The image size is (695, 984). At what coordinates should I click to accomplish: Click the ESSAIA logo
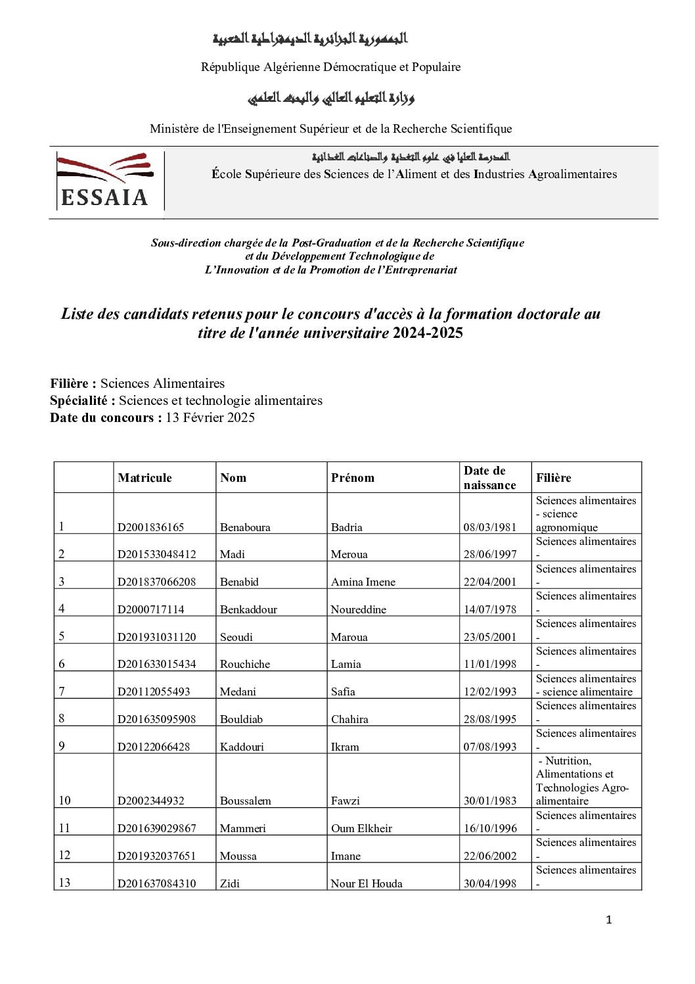[105, 181]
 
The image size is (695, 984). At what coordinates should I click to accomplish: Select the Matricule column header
[145, 478]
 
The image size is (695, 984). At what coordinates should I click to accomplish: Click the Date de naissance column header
[489, 478]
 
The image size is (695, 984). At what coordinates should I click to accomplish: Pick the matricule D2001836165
[150, 527]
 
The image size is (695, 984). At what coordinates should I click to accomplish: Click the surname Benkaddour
[248, 609]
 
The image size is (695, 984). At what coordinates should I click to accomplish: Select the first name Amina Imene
[363, 582]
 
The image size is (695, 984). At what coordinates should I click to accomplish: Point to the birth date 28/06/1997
[490, 554]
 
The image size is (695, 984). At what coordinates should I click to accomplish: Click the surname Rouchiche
[245, 664]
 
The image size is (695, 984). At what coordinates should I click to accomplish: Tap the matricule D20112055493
[154, 691]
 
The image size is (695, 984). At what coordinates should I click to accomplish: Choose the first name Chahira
[349, 719]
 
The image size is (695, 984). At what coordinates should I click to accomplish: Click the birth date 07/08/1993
[490, 747]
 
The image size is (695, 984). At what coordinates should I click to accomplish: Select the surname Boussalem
[246, 801]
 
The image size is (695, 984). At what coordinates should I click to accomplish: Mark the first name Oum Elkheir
[361, 828]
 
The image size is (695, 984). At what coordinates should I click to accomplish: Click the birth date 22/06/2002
[490, 856]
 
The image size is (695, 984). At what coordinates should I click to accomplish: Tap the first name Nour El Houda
[367, 883]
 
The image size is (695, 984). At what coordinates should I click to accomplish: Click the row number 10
[64, 801]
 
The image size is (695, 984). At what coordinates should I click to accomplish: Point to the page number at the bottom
[608, 920]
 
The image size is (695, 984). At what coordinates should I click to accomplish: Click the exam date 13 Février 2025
[210, 417]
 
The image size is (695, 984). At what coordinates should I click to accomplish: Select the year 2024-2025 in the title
[428, 333]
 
